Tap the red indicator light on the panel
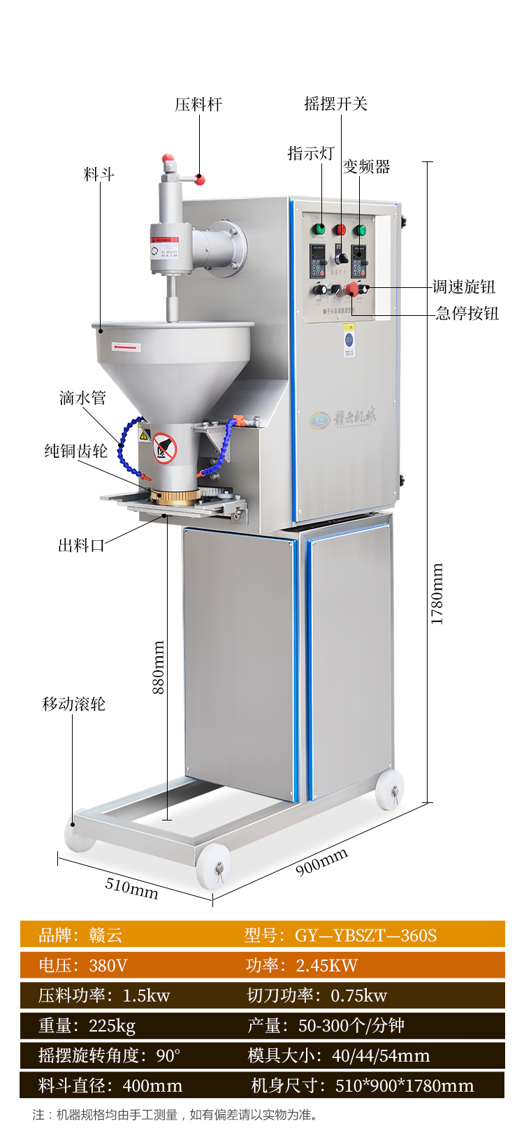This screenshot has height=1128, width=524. click(340, 229)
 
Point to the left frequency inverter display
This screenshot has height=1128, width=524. click(319, 262)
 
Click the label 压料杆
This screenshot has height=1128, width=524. click(198, 105)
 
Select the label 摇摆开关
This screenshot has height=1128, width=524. click(335, 104)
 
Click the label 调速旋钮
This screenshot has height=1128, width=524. click(464, 287)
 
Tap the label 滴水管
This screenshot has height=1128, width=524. click(82, 398)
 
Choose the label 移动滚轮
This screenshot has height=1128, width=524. click(74, 704)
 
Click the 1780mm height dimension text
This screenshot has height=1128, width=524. click(437, 593)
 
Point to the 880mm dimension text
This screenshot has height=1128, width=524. click(159, 667)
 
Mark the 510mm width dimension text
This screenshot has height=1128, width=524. click(131, 888)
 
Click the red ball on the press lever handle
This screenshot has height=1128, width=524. click(201, 180)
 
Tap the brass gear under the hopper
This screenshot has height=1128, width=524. click(175, 497)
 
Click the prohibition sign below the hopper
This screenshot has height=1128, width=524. click(165, 448)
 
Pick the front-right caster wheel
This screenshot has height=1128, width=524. click(214, 865)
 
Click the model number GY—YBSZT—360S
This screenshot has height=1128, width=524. click(365, 935)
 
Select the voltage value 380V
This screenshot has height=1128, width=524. click(108, 965)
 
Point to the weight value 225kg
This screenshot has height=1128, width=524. click(112, 1025)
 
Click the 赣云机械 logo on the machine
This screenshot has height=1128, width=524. click(344, 418)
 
